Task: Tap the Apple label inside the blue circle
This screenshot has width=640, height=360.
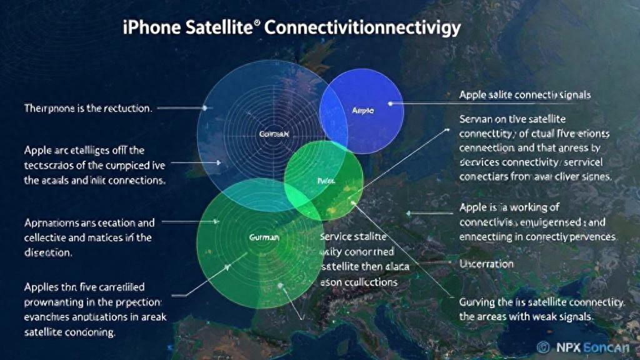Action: (362, 110)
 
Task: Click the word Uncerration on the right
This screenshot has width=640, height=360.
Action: (486, 264)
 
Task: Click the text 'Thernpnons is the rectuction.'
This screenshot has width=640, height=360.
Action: (87, 108)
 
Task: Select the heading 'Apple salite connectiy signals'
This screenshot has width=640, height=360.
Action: (525, 95)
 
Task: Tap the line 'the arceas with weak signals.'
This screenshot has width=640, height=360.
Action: (525, 317)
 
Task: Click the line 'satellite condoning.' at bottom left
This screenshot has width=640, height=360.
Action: (69, 333)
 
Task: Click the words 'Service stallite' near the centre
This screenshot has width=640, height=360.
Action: (353, 237)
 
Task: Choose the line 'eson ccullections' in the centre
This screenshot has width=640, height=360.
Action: (358, 282)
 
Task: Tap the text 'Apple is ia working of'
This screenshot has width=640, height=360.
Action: (509, 207)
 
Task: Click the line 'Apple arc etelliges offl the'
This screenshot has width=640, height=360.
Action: (84, 150)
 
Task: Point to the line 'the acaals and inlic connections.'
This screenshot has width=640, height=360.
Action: (94, 181)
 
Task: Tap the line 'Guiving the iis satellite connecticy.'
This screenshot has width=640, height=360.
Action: (542, 302)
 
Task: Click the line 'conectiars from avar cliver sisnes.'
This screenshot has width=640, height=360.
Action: (534, 177)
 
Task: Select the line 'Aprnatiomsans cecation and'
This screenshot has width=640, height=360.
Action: (89, 222)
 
